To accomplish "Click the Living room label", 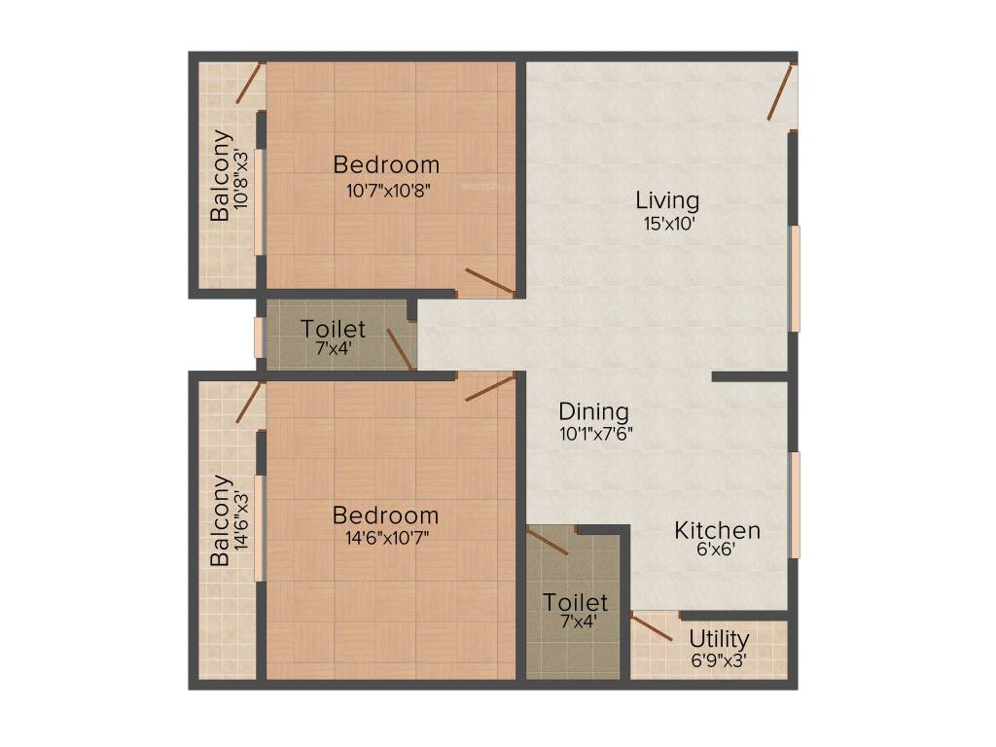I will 667,200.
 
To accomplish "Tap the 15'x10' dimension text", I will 667,223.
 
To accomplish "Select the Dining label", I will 593,411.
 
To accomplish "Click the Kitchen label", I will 718,531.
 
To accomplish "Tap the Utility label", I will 719,639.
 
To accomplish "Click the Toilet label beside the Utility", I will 576,602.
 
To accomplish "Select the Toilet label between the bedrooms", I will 333,329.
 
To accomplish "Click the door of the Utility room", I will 652,626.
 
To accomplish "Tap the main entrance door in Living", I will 782,92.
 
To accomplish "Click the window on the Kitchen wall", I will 795,504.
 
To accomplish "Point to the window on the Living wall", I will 795,278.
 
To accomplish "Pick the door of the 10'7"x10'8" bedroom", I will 489,280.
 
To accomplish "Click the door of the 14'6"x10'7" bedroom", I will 489,388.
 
